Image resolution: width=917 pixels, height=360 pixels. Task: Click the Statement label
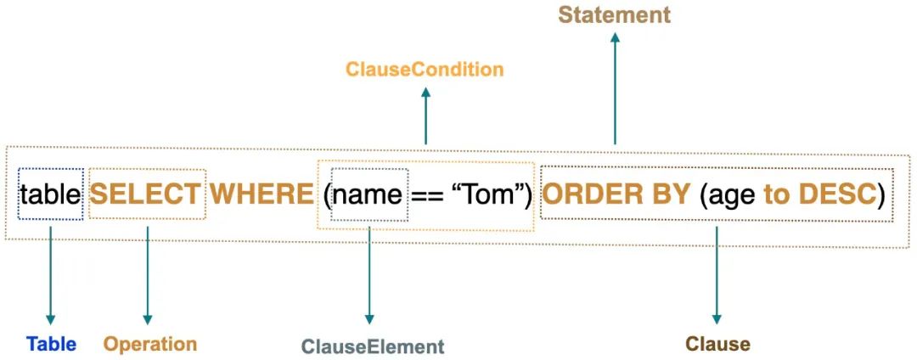coord(614,14)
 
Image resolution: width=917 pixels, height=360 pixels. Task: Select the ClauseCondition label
coord(425,70)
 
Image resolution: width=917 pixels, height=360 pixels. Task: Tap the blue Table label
coord(51,344)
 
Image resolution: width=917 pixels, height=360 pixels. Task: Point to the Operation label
coord(149,344)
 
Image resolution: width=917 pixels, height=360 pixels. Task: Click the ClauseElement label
coord(373,346)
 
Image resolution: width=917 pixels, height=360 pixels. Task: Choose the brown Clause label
coord(717,344)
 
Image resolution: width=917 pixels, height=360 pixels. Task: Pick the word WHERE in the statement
coord(262,194)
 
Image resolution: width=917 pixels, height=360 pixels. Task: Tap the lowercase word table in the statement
coord(50,194)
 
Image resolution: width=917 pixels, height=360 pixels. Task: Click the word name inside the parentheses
coord(368,194)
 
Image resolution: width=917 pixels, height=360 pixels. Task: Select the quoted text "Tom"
coord(489,194)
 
